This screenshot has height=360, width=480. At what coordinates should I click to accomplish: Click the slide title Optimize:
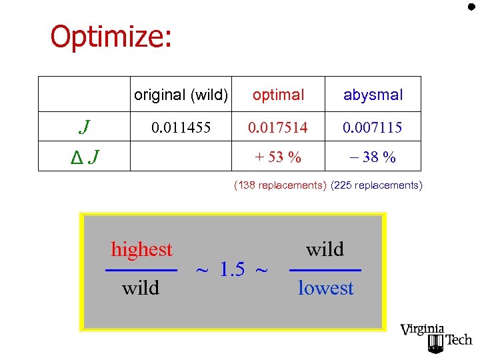click(111, 37)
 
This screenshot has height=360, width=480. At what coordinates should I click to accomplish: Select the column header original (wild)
click(181, 95)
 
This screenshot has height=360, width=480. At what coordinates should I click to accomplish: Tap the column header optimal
click(279, 95)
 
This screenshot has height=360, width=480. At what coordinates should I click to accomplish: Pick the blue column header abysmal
click(373, 95)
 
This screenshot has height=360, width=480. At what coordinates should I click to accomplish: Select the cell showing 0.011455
click(182, 127)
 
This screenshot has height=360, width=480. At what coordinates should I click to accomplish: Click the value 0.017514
click(279, 127)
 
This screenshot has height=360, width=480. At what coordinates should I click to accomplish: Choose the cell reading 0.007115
click(373, 127)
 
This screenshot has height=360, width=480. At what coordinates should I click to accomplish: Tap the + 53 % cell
click(279, 157)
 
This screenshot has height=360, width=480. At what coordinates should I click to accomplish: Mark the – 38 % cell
click(373, 157)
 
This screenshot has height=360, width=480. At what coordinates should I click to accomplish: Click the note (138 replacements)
click(279, 185)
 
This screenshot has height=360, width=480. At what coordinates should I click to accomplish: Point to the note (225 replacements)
click(376, 185)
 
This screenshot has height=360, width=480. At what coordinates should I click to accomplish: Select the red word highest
click(141, 249)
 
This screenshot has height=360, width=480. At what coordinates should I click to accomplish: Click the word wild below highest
click(141, 287)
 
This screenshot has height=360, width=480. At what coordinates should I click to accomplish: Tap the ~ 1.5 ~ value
click(233, 269)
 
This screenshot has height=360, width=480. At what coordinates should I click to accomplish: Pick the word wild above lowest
click(325, 249)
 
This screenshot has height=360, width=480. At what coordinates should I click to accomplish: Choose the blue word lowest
click(325, 288)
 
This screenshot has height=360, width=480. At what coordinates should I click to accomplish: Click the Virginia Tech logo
click(435, 337)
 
